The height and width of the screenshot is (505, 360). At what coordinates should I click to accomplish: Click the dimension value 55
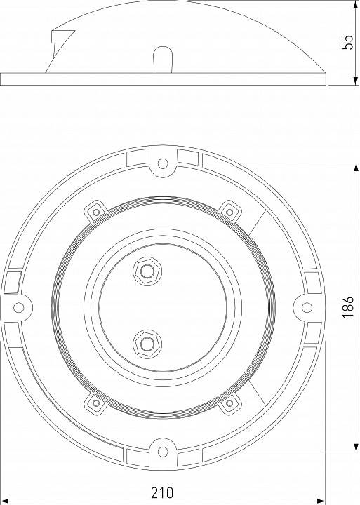(346, 42)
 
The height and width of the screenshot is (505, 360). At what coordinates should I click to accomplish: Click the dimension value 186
(347, 307)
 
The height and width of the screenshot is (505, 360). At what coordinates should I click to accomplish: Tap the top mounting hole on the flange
(163, 164)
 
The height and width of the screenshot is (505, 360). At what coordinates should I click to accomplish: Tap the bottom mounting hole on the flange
(163, 450)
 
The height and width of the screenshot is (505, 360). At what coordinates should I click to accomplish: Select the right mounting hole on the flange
(307, 307)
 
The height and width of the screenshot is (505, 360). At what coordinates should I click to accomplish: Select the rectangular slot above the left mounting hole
(12, 281)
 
